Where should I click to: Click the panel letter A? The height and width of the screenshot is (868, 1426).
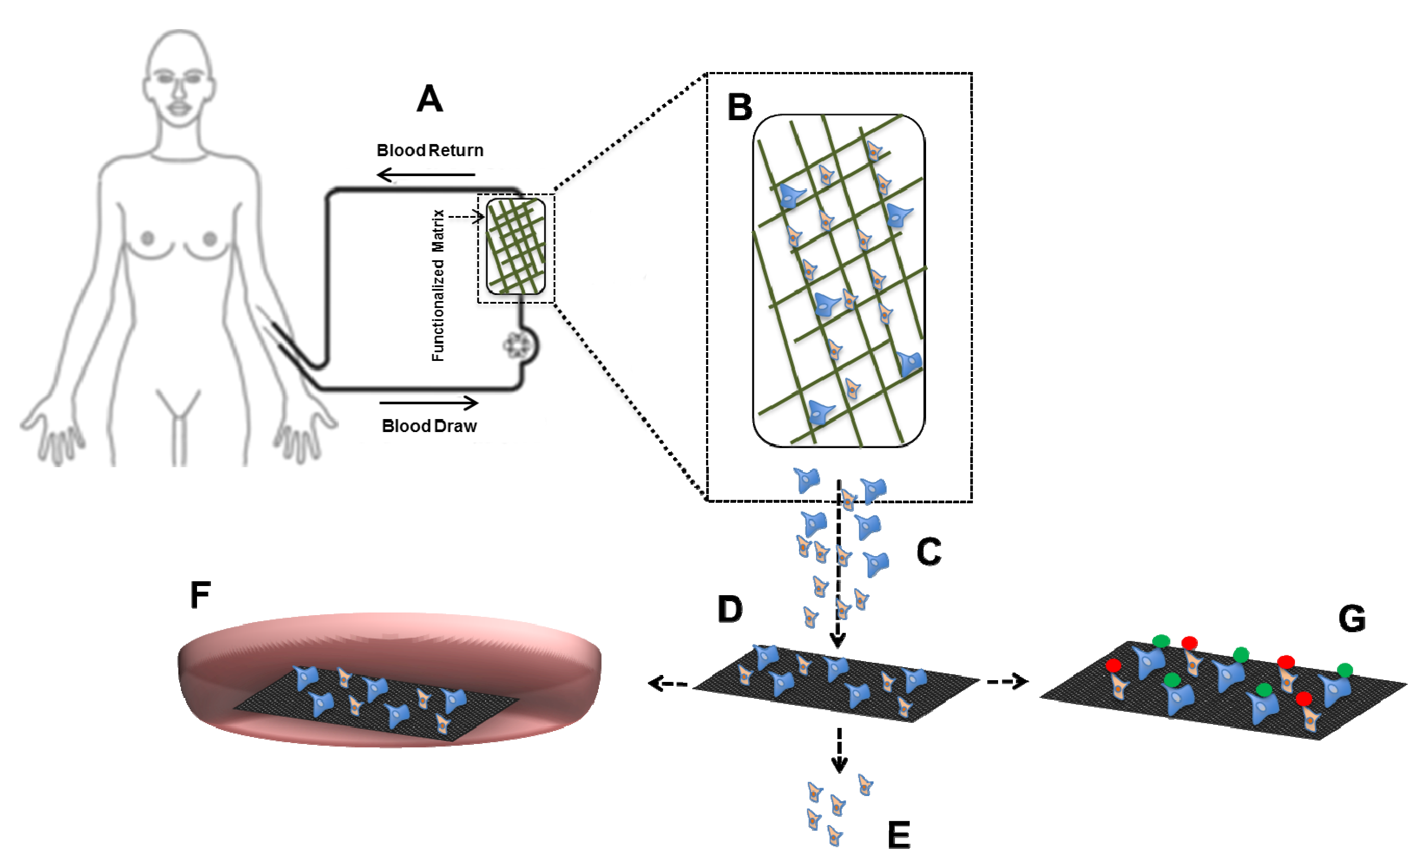[x=430, y=98]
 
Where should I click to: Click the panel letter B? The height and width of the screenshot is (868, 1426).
[x=739, y=108]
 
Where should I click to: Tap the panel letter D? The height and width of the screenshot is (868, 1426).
[x=730, y=609]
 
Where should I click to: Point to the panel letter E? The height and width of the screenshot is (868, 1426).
[x=899, y=835]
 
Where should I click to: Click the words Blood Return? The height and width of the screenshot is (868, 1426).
[x=430, y=151]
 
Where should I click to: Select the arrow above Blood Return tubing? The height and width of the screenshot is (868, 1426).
[x=425, y=174]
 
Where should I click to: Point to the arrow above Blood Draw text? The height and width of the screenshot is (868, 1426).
[x=429, y=402]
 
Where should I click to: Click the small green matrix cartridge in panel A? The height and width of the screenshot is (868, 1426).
[x=516, y=246]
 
